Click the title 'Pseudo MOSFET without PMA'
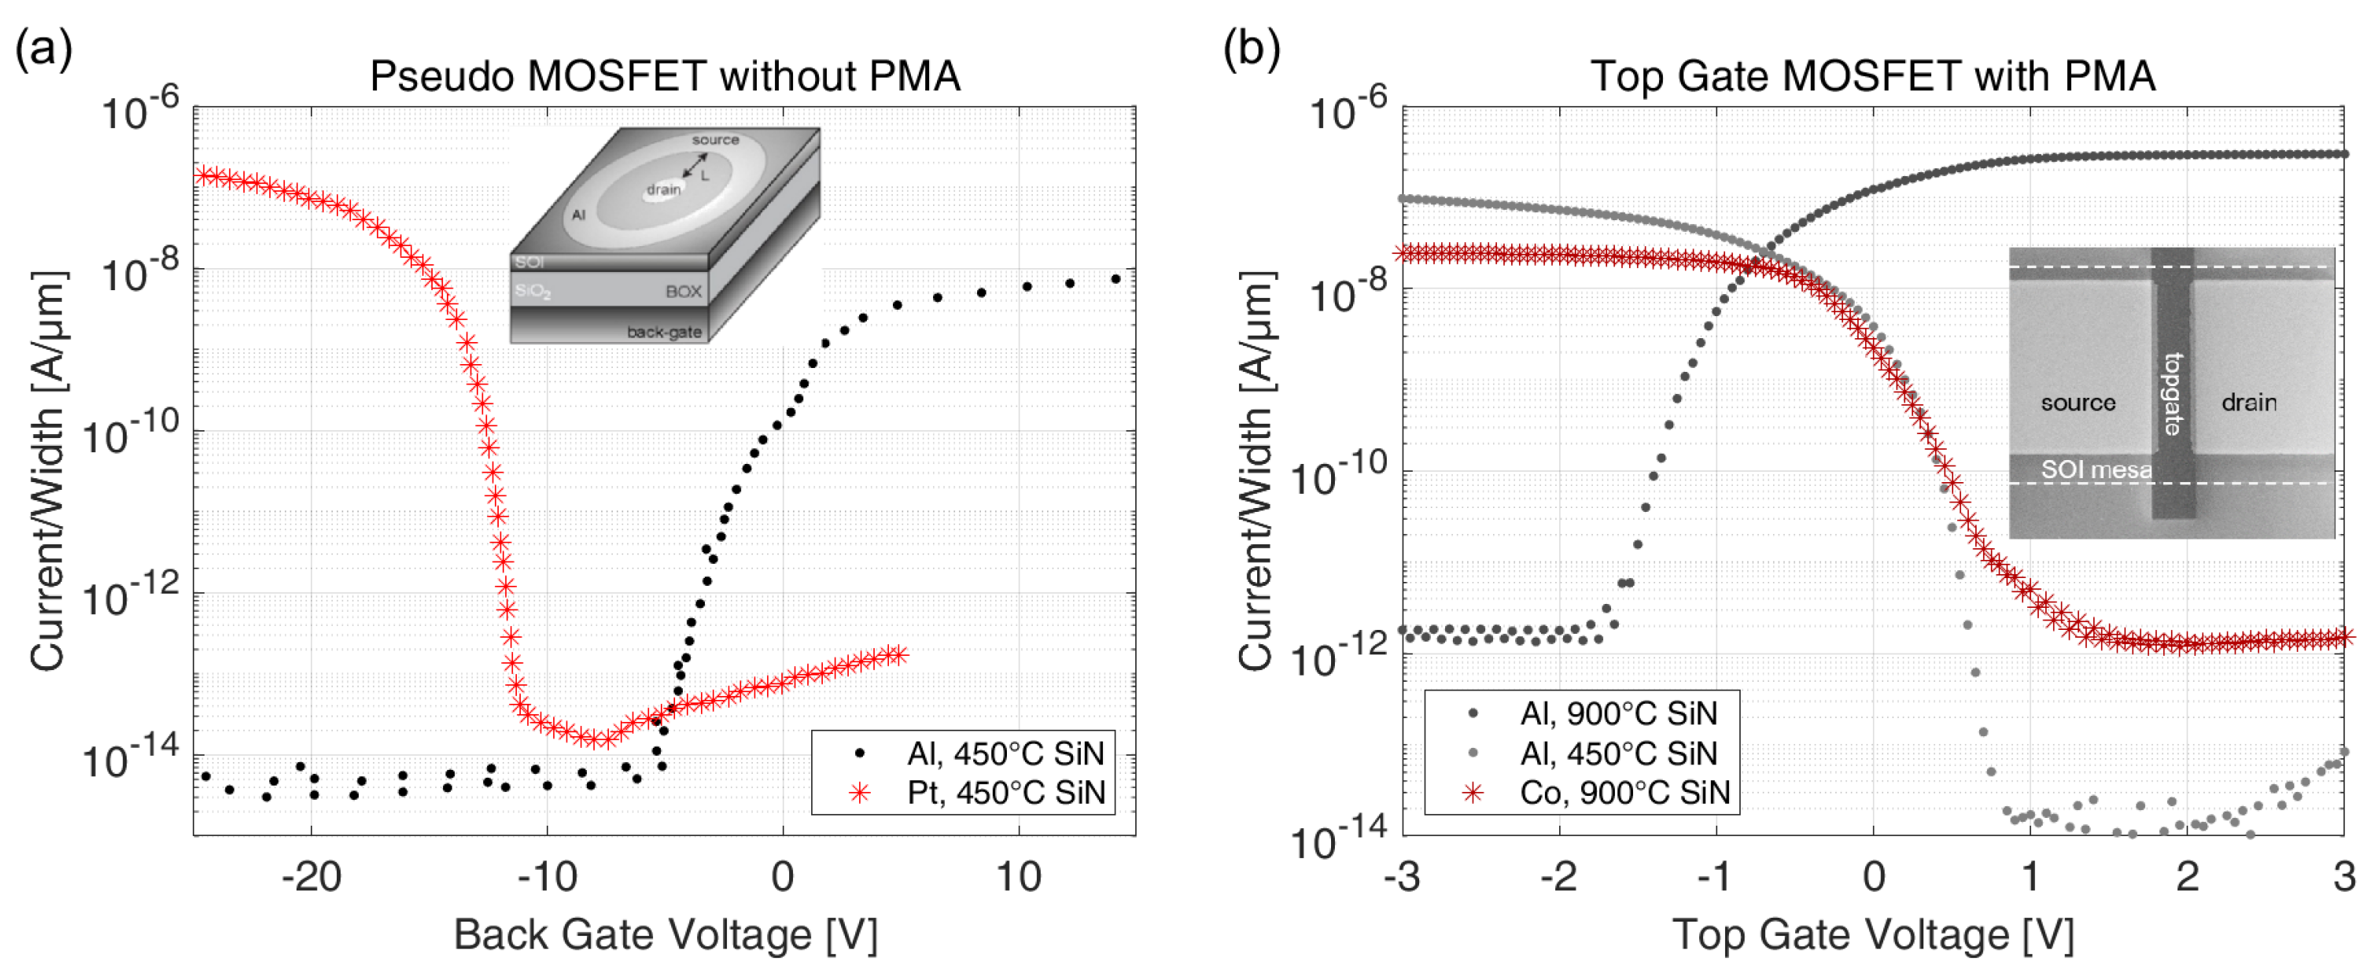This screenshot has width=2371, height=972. pyautogui.click(x=665, y=76)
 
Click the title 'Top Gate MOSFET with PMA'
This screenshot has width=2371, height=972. pyautogui.click(x=1873, y=76)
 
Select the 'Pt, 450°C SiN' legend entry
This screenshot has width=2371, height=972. pyautogui.click(x=1005, y=793)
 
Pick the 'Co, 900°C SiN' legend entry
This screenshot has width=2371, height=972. pyautogui.click(x=1624, y=793)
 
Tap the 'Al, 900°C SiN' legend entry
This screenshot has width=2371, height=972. pyautogui.click(x=1618, y=713)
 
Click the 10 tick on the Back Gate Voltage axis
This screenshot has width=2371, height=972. pyautogui.click(x=1018, y=876)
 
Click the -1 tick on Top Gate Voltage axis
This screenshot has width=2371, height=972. pyautogui.click(x=1715, y=876)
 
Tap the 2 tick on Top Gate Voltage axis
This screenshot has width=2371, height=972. pyautogui.click(x=2187, y=876)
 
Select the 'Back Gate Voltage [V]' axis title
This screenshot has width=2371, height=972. pyautogui.click(x=665, y=935)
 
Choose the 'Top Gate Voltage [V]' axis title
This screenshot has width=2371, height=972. pyautogui.click(x=1873, y=935)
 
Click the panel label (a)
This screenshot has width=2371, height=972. pyautogui.click(x=43, y=48)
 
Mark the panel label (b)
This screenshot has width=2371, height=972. pyautogui.click(x=1252, y=48)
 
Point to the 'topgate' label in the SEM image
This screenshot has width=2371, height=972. pyautogui.click(x=2172, y=394)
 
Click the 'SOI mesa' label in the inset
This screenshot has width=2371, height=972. pyautogui.click(x=2096, y=470)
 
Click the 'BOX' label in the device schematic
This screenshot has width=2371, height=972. pyautogui.click(x=683, y=292)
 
